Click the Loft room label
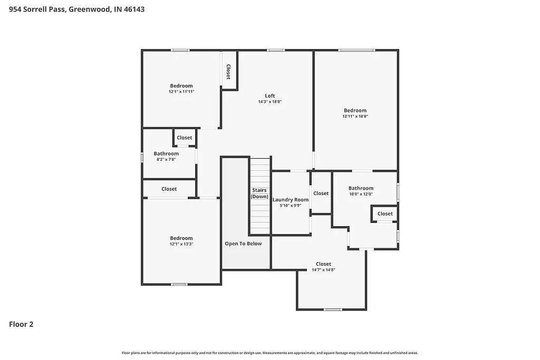[x=269, y=96]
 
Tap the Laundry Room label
[x=290, y=200]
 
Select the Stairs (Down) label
[x=259, y=193]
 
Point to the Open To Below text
[x=243, y=244]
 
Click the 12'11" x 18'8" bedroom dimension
[x=355, y=116]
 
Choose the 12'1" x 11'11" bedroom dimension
[x=181, y=92]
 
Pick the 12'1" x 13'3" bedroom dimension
[x=181, y=244]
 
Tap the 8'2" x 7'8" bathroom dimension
[x=166, y=159]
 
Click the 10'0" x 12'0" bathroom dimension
[x=361, y=194]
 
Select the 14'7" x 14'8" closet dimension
[x=323, y=270]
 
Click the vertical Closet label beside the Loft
[x=228, y=72]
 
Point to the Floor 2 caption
[x=21, y=325]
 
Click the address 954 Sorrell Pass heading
[x=77, y=9]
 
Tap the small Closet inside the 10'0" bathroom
[x=385, y=213]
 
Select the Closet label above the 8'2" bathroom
[x=185, y=138]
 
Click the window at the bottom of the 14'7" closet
[x=332, y=309]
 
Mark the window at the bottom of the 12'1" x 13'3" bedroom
[x=180, y=285]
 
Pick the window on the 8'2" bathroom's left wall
[x=142, y=157]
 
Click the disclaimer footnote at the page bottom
[x=270, y=353]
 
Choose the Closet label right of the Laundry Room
[x=321, y=193]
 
